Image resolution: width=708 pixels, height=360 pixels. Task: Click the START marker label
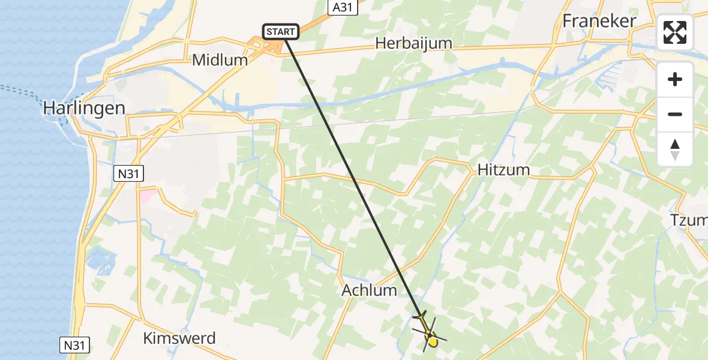tap(280, 31)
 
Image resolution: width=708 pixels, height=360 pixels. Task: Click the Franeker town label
tap(599, 21)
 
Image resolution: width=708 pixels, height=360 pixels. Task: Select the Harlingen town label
tap(84, 108)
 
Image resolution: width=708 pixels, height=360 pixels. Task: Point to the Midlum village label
tap(220, 60)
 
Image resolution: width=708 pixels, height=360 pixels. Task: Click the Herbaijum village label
tap(413, 43)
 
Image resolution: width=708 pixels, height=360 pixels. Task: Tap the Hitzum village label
tap(504, 170)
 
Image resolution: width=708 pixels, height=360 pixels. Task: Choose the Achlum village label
tap(369, 290)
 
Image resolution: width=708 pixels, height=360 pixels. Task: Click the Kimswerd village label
tap(179, 338)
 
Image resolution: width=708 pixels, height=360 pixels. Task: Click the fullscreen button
tap(675, 32)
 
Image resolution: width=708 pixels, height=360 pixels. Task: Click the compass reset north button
tap(675, 149)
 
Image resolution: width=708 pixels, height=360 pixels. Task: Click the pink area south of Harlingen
tap(148, 196)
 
